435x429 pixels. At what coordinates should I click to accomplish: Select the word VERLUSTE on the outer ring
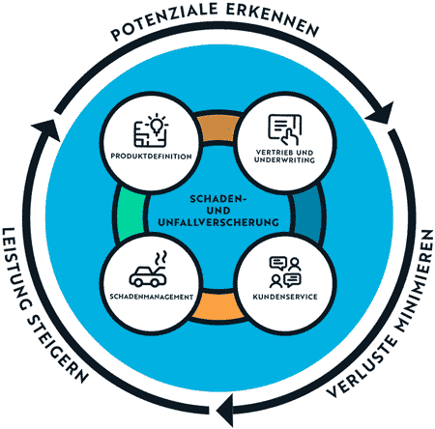point(362,366)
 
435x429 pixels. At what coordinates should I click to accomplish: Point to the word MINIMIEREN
point(415,281)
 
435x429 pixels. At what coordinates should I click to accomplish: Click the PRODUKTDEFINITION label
point(151,157)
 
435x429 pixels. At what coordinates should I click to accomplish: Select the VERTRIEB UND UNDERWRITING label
point(284,156)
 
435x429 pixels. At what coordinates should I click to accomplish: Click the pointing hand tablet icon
point(285,129)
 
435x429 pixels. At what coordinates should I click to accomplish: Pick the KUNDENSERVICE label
point(285,297)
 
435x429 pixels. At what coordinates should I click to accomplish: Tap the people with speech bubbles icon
point(285,272)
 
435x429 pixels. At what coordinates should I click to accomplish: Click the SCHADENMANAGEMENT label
point(152,297)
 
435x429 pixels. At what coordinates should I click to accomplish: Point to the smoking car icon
point(148,270)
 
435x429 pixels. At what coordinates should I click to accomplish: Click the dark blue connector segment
point(307,214)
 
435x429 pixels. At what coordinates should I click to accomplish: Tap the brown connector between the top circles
point(218,129)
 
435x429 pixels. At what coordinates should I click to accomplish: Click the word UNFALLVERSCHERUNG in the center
point(218,222)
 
